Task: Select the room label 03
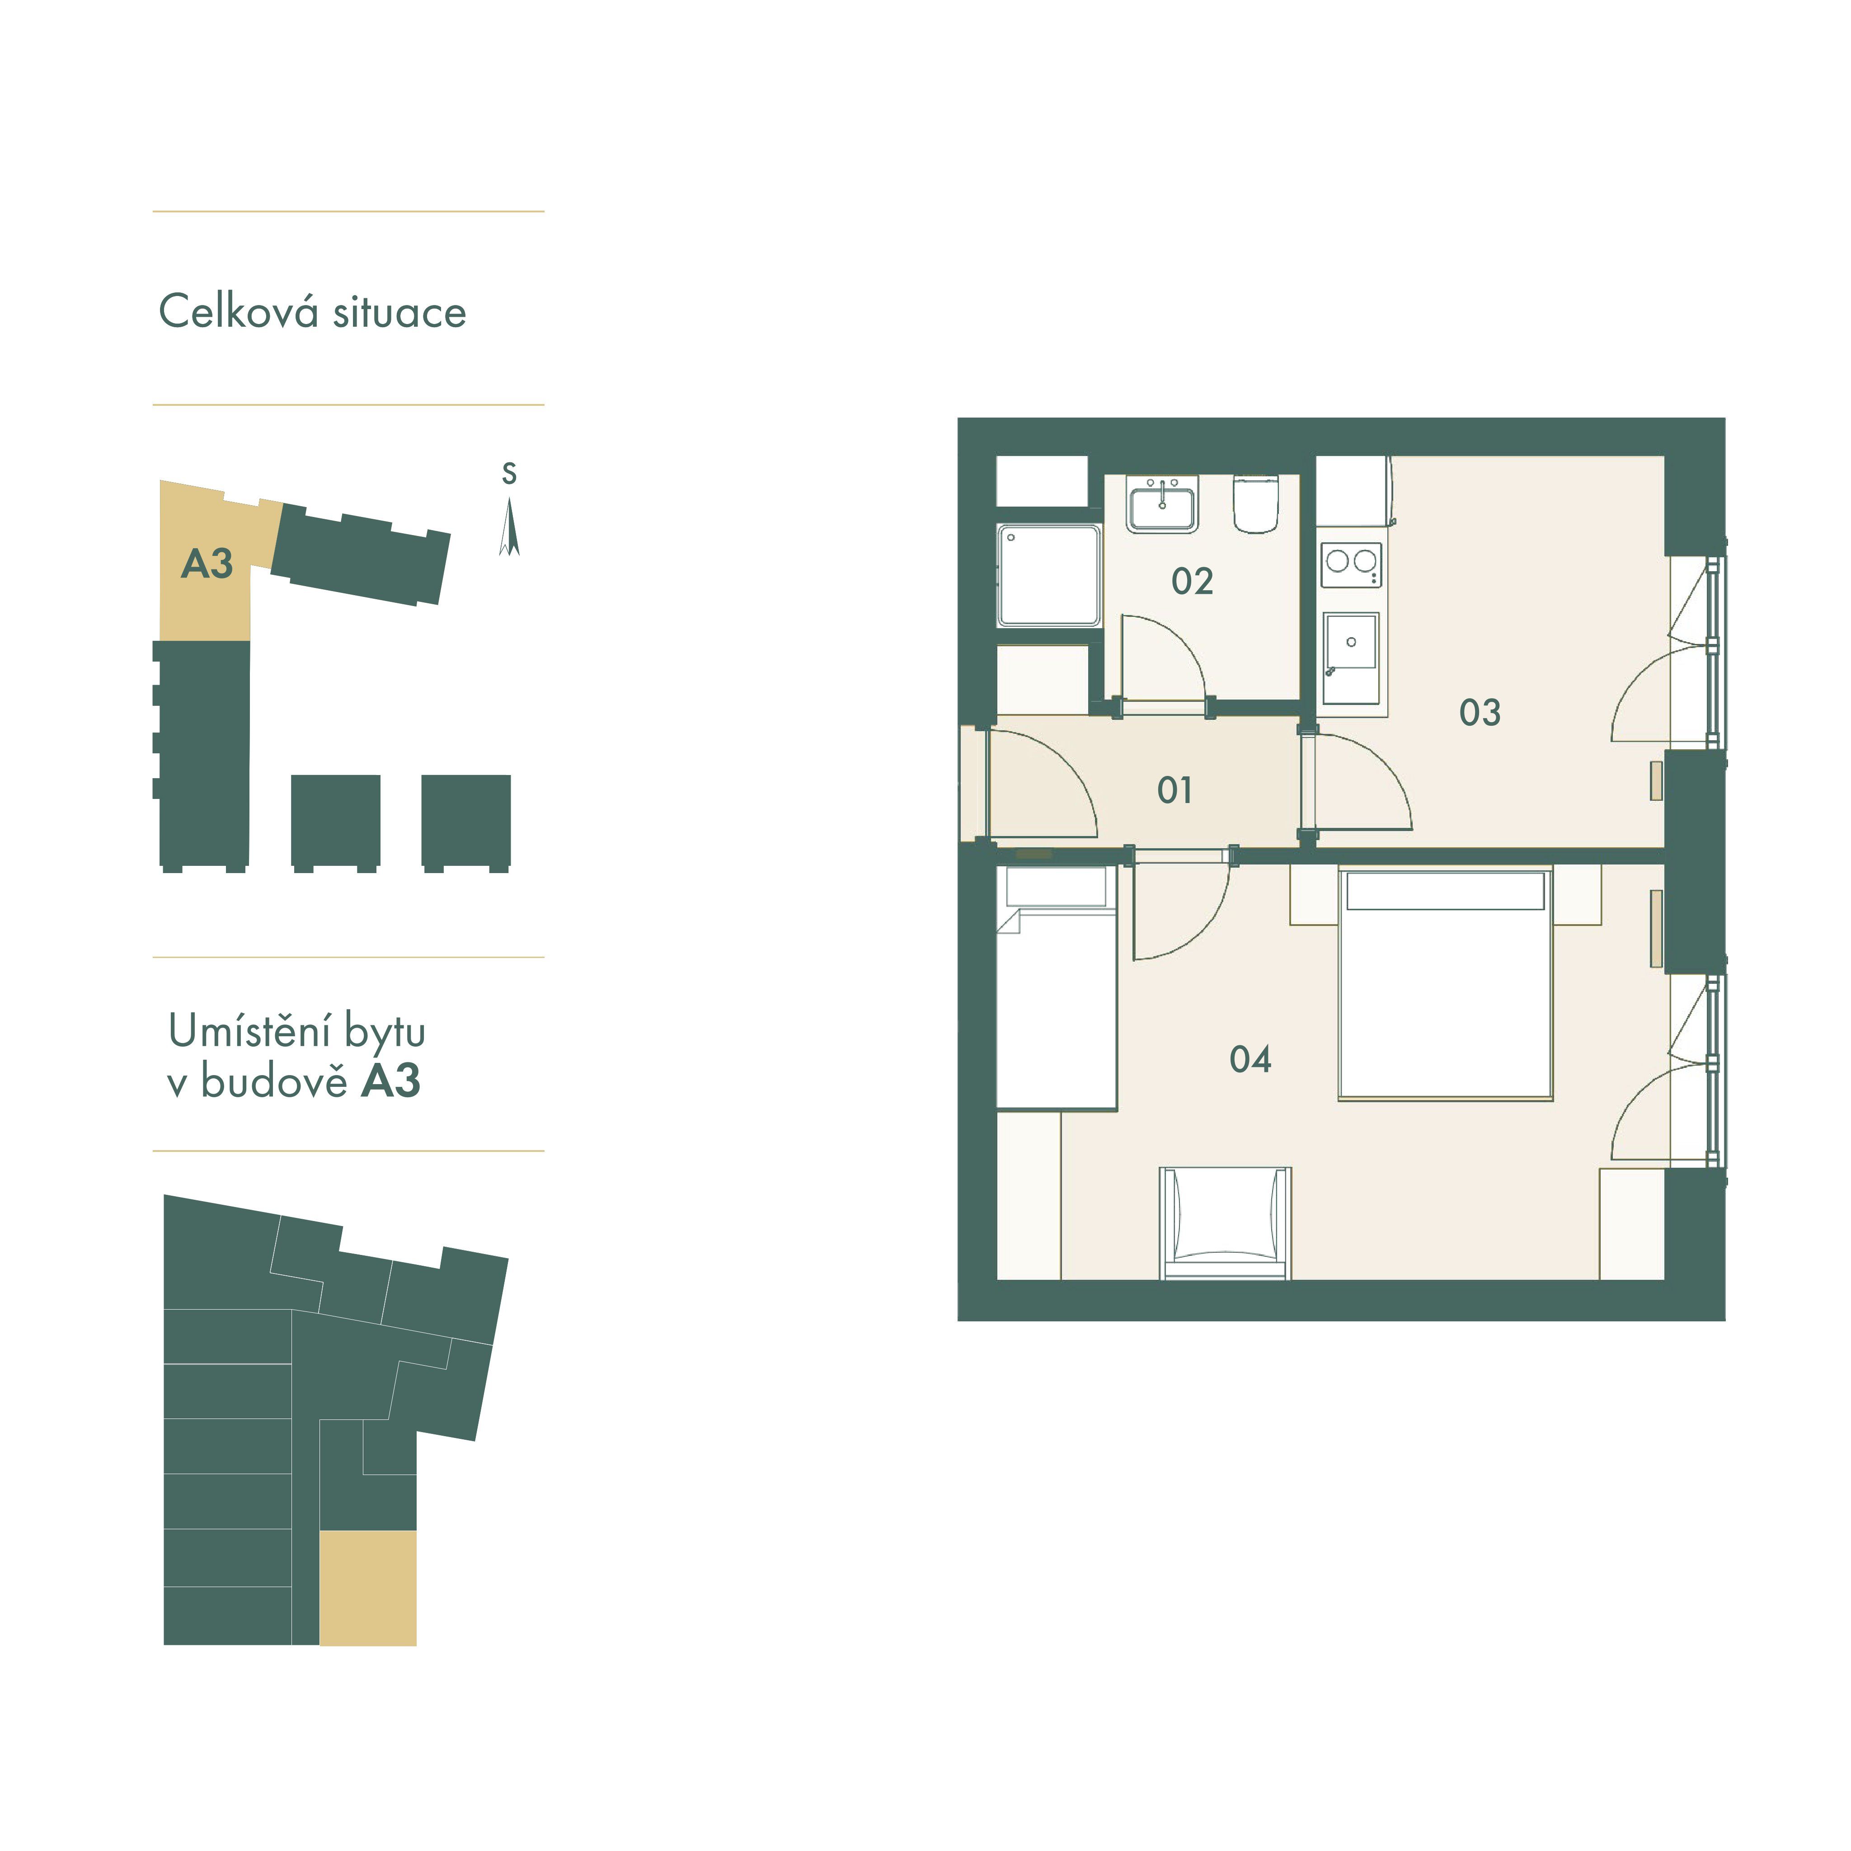1479,713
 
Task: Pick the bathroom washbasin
1162,505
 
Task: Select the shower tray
1048,575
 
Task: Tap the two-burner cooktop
1351,564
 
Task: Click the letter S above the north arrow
509,473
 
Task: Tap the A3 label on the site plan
207,564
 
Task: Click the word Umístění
251,1032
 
